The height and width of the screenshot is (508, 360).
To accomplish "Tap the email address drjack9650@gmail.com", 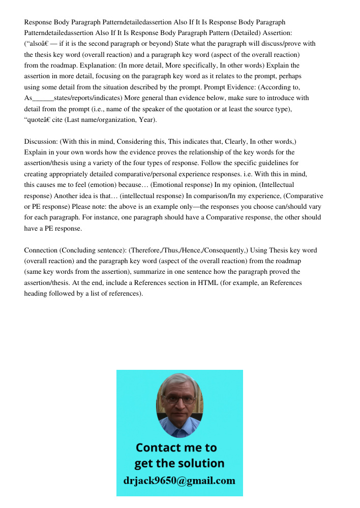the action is pyautogui.click(x=179, y=480).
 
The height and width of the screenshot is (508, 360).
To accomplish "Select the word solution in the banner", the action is pyautogui.click(x=202, y=463).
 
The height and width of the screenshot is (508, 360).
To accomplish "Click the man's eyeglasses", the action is pyautogui.click(x=180, y=399).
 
